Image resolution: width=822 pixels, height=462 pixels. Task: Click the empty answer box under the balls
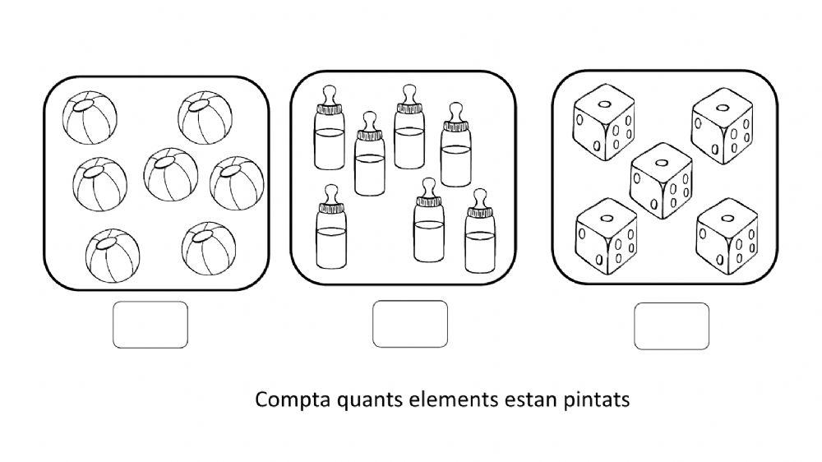(150, 325)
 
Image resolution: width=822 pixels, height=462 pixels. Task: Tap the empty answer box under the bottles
(410, 324)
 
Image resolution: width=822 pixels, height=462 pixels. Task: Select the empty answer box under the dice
(672, 326)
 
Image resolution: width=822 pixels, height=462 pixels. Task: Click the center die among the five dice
(662, 180)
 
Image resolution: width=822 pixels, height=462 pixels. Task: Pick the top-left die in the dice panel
(604, 122)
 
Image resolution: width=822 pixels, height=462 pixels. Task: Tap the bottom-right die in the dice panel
(727, 236)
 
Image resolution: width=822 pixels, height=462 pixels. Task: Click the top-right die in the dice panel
(723, 126)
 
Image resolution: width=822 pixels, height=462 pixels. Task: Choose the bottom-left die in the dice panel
(607, 237)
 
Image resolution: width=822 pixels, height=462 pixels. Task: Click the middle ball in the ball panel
(171, 174)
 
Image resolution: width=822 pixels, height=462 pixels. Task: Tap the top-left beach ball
(90, 118)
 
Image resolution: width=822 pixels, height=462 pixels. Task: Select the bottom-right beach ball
(209, 248)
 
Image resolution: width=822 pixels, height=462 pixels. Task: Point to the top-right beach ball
(205, 118)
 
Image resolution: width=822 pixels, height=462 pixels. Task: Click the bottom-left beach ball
(113, 256)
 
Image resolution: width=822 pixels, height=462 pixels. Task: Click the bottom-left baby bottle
(331, 227)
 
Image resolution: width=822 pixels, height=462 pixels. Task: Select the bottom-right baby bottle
(480, 231)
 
